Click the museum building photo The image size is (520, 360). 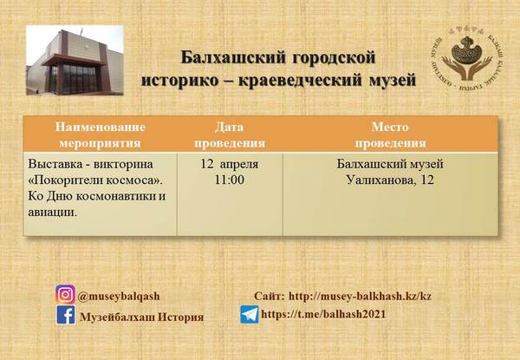point(75,61)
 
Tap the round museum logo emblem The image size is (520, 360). point(466,60)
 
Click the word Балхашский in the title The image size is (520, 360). point(233,57)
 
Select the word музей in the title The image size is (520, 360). point(393,80)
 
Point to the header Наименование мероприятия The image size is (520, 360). point(101,135)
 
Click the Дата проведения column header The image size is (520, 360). point(230,135)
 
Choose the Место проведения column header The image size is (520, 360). point(390,135)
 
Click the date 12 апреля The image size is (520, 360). point(230,164)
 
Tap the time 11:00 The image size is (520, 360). point(230,180)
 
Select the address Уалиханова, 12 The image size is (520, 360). point(390,180)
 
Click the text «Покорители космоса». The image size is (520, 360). point(95,180)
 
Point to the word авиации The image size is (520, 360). point(52,212)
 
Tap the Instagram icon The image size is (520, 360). point(65,294)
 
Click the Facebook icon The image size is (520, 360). point(66,315)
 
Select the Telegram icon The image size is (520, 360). point(250,315)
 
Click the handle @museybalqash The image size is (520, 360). point(119,297)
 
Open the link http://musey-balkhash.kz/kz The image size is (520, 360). point(361,296)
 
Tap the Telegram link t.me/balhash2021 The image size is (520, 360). point(323,314)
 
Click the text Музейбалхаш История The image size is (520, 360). point(142,317)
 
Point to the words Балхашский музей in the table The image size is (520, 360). point(390,164)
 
